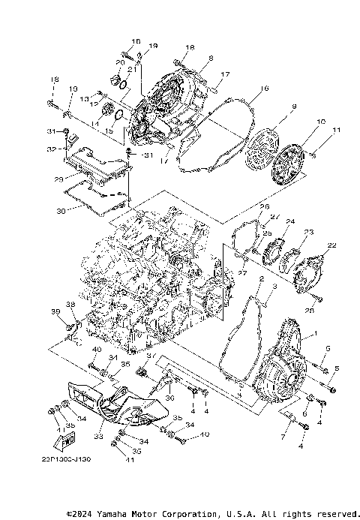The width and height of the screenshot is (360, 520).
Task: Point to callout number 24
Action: click(290, 221)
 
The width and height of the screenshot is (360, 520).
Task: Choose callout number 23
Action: click(308, 233)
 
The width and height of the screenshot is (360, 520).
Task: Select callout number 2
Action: click(261, 279)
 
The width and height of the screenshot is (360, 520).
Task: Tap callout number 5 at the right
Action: click(337, 368)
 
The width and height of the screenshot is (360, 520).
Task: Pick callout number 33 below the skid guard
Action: click(97, 434)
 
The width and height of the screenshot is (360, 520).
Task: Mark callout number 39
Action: click(55, 311)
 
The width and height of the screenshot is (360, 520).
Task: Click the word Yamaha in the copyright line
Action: click(118, 514)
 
